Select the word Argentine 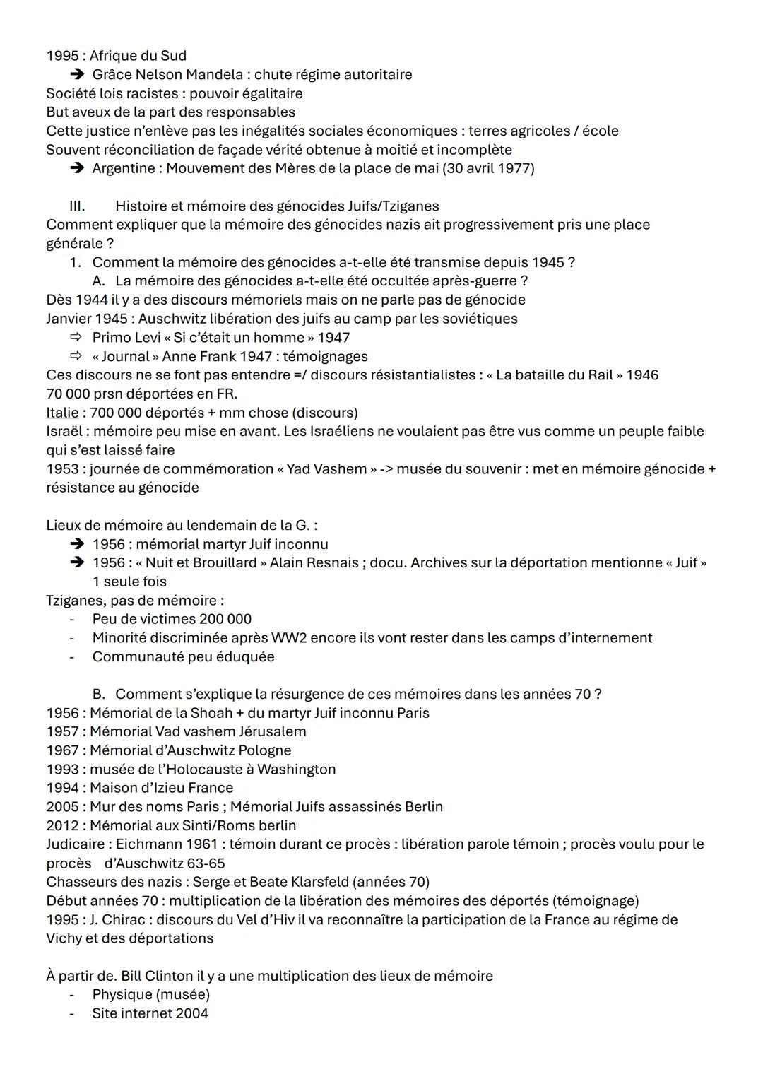(124, 169)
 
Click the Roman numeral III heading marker (76, 206)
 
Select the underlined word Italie (62, 413)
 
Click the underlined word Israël (64, 432)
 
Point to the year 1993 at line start (62, 770)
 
